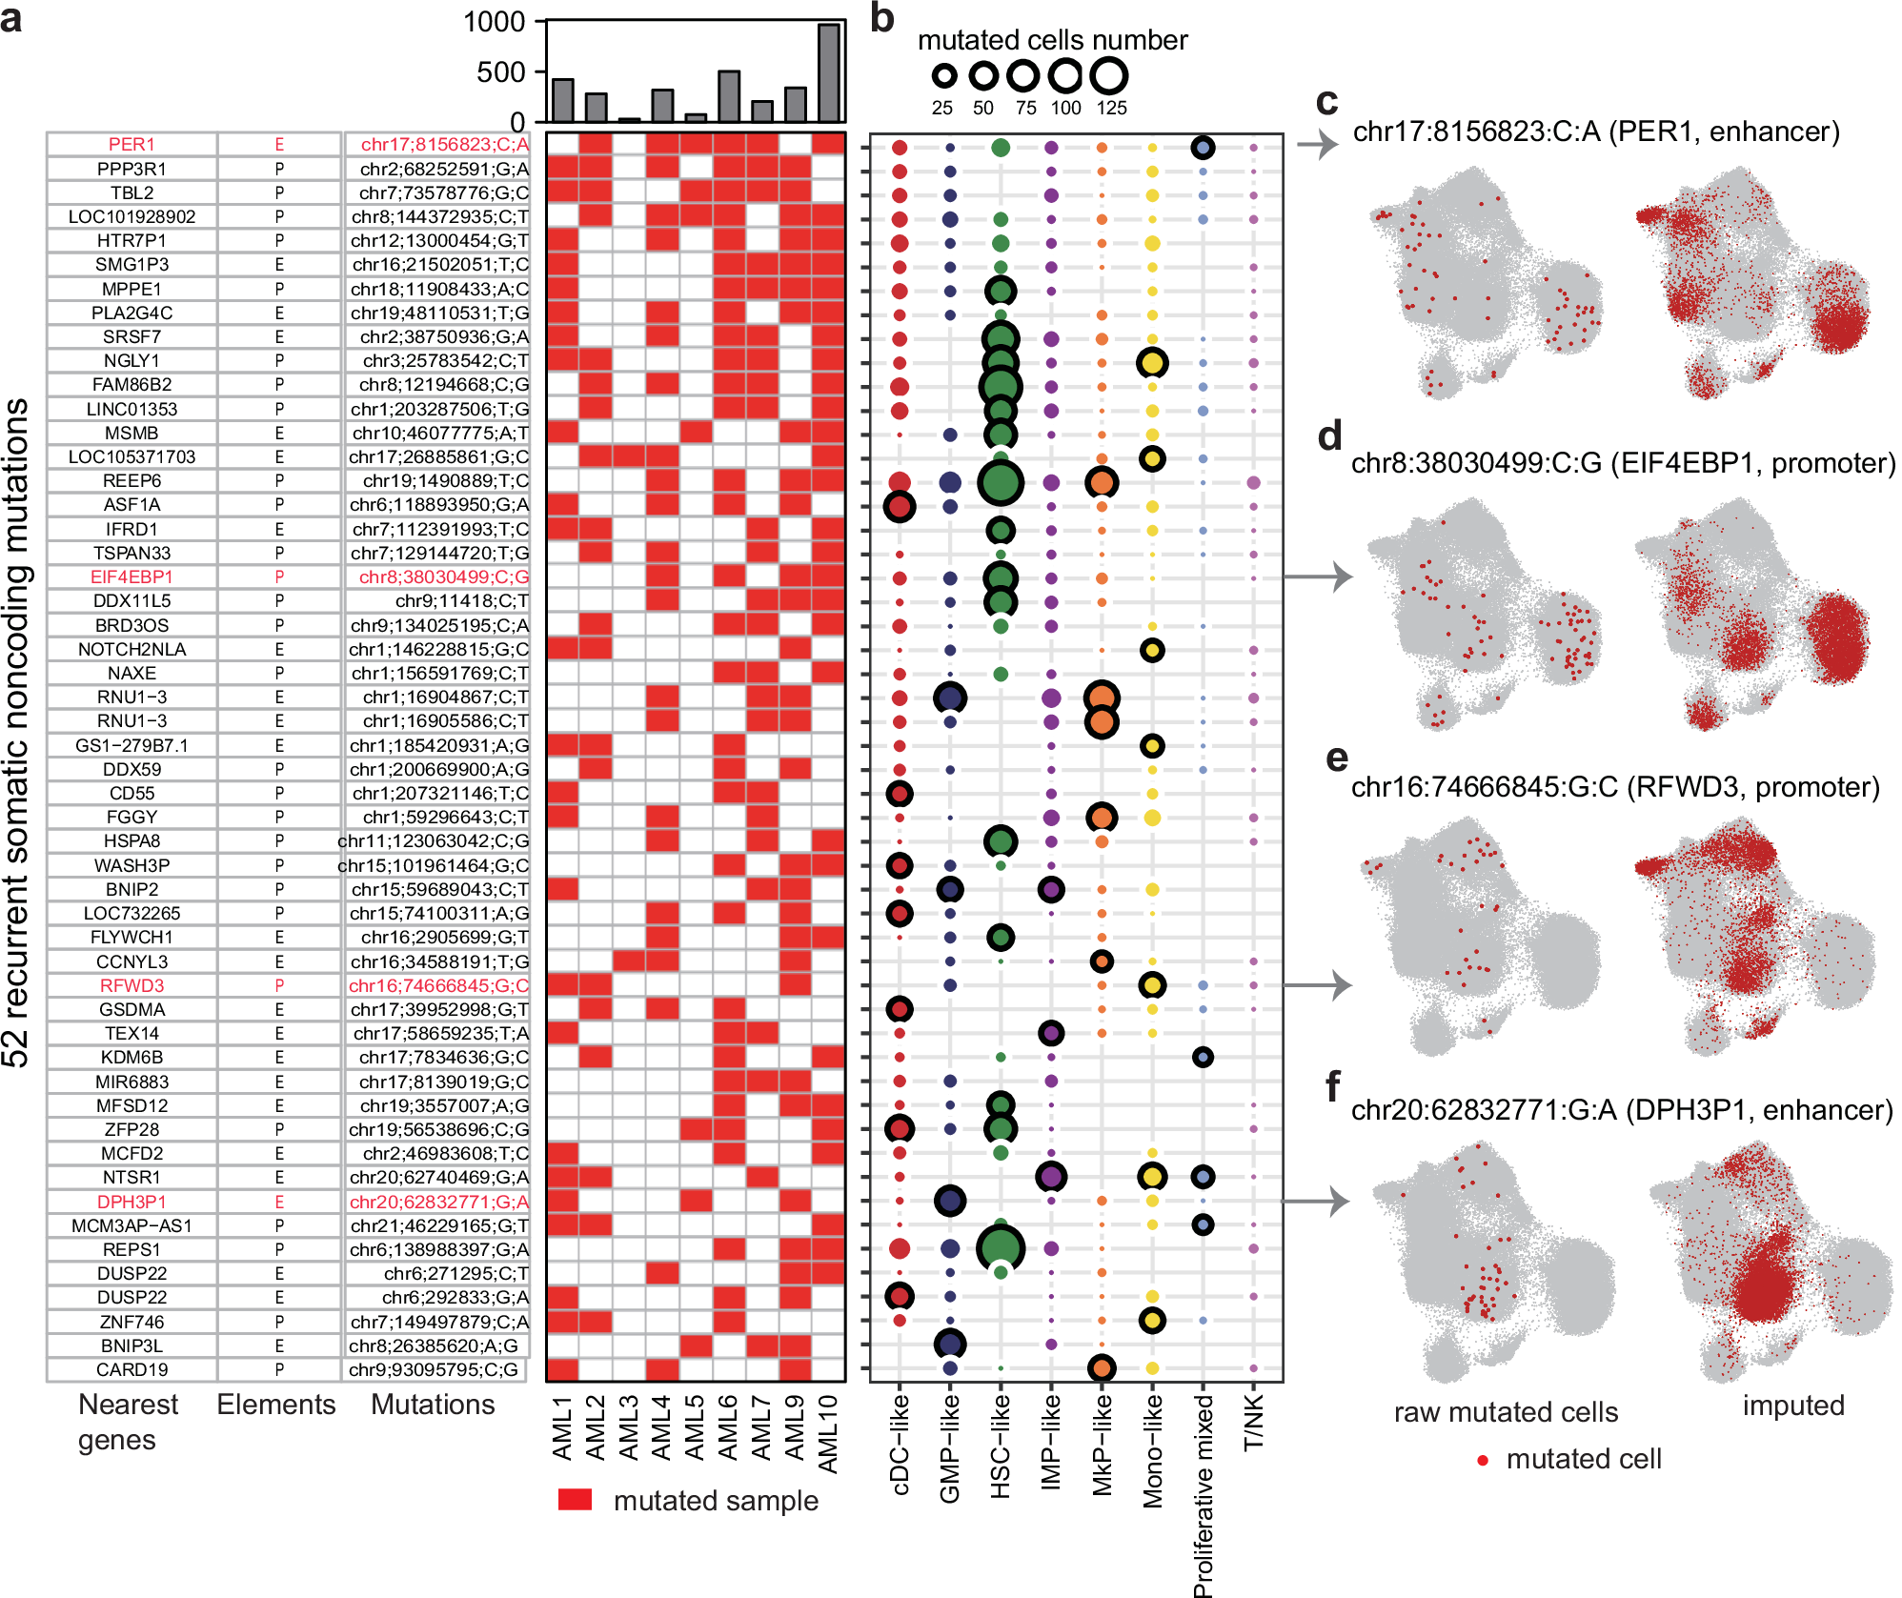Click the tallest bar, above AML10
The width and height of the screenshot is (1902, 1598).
(828, 73)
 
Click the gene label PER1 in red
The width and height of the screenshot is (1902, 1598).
(132, 144)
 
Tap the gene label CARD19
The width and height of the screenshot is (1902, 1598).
(132, 1369)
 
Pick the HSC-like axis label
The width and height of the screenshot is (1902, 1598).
(1001, 1445)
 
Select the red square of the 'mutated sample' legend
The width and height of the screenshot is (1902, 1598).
(575, 1499)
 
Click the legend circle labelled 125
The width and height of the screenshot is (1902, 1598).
(1109, 75)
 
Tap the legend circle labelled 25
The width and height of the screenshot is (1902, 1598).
(943, 75)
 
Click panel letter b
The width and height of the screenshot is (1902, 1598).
(882, 19)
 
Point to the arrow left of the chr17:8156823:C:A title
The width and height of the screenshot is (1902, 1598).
(1318, 145)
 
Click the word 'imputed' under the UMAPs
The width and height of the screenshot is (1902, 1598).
(1793, 1406)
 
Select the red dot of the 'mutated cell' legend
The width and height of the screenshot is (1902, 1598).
(1483, 1460)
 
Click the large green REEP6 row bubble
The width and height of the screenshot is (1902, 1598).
(1001, 482)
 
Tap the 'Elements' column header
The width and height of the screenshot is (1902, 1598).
(275, 1405)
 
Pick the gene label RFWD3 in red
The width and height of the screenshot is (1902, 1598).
(132, 985)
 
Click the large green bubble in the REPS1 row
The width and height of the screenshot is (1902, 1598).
(1001, 1248)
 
